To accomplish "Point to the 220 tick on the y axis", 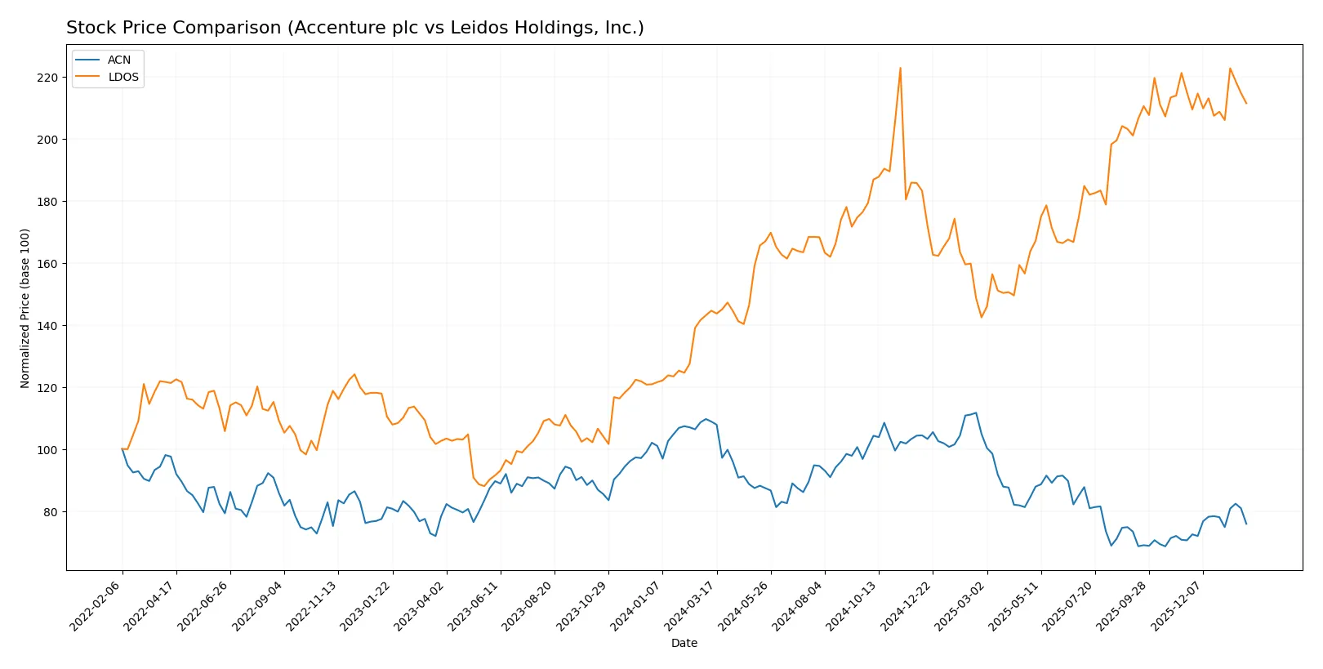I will pyautogui.click(x=47, y=78).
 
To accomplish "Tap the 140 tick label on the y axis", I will pyautogui.click(x=47, y=326).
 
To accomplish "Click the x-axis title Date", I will pyautogui.click(x=684, y=643).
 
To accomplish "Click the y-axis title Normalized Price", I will pyautogui.click(x=25, y=308).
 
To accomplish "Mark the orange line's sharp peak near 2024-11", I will pyautogui.click(x=900, y=68).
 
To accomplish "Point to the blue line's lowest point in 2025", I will pyautogui.click(x=1111, y=546).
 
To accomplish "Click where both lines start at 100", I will pyautogui.click(x=122, y=448).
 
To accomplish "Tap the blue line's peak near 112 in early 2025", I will pyautogui.click(x=976, y=413).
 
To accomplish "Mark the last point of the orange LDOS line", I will pyautogui.click(x=1246, y=104).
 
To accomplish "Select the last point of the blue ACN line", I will pyautogui.click(x=1246, y=524).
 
